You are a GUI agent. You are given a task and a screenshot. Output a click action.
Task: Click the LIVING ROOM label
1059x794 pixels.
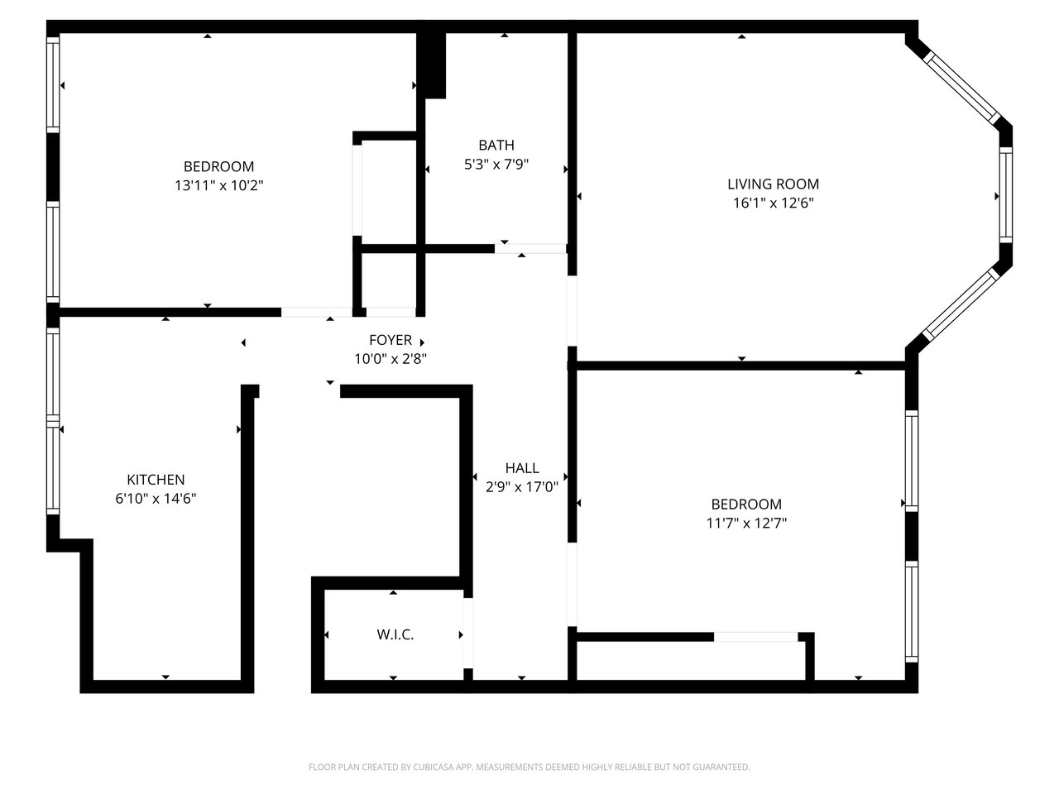point(773,184)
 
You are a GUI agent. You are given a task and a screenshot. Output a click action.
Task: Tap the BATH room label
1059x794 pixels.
point(496,145)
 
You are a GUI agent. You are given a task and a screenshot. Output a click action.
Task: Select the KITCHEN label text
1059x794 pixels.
point(156,480)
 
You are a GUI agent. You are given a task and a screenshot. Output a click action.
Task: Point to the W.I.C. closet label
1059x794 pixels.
point(395,635)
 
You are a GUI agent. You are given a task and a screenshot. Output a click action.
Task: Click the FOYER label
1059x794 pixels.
point(391,341)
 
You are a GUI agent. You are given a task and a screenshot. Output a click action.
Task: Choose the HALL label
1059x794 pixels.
point(522,468)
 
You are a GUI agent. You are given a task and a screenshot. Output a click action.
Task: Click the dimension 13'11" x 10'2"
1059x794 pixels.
point(219,185)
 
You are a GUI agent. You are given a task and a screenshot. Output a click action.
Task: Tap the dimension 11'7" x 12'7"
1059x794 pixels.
point(746,523)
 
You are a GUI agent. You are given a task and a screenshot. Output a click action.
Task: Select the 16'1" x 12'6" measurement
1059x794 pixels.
point(774,203)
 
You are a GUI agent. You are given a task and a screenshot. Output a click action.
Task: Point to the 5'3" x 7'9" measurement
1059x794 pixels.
point(496,165)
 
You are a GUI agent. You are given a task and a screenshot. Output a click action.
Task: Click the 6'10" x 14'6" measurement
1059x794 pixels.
point(156,499)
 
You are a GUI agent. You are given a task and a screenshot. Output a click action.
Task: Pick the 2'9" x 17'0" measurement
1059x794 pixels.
point(522,487)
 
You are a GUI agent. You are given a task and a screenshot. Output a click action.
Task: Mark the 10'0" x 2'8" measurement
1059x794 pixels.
point(391,359)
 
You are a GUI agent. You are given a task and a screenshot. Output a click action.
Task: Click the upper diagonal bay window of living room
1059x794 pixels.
point(962,88)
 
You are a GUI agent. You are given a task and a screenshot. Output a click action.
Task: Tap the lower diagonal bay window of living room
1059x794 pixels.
point(962,304)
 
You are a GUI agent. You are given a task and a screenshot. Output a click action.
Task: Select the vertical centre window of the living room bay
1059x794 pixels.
point(1006,195)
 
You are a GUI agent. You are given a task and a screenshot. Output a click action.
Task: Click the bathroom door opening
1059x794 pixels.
point(530,249)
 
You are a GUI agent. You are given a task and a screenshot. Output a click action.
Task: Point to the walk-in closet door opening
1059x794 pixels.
point(468,633)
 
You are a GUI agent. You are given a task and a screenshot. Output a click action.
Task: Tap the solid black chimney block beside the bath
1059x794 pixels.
point(431,65)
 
